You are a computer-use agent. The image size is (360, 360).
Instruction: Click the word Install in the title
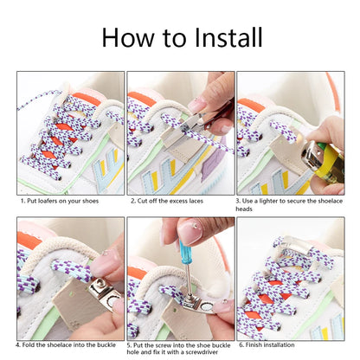(228, 37)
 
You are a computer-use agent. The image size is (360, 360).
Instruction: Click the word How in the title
(128, 37)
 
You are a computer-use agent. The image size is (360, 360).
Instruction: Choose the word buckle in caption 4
(106, 345)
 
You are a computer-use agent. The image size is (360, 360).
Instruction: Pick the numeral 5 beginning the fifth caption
(129, 345)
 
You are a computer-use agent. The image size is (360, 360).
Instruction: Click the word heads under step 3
(244, 209)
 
